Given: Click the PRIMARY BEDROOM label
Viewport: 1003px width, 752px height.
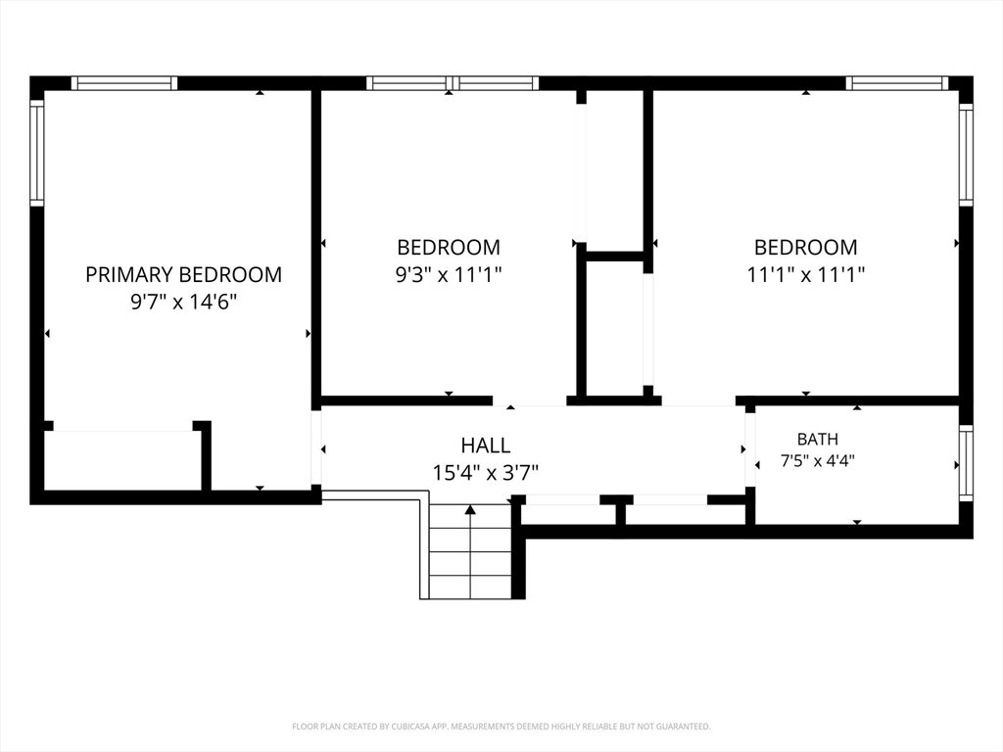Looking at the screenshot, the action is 183,274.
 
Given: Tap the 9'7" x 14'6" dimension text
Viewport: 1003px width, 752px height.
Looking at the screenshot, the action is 183,302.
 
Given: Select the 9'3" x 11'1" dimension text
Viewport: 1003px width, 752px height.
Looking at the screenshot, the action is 449,274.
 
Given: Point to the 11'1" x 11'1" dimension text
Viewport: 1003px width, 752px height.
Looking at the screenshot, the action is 806,274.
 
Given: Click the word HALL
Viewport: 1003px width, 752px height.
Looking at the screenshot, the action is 486,446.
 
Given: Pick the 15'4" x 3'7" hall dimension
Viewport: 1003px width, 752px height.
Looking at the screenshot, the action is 486,473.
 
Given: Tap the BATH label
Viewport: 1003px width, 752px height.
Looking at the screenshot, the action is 818,440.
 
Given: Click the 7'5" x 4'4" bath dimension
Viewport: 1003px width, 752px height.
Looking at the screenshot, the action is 818,460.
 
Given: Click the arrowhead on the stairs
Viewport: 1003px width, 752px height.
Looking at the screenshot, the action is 470,509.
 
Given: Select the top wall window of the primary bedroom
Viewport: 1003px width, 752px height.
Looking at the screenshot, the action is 124,83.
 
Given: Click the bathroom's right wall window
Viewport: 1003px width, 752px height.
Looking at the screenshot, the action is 966,463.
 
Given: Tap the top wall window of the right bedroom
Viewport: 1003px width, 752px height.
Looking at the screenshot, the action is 897,83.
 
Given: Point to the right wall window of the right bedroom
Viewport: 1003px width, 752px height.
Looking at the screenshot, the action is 966,154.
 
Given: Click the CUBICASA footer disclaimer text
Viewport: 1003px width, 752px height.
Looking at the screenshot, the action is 501,727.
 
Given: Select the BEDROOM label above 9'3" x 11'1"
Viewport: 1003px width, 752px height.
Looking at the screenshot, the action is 449,247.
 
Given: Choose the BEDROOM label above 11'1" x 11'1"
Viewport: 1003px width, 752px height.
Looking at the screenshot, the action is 806,247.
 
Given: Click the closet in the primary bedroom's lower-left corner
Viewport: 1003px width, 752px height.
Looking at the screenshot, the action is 122,460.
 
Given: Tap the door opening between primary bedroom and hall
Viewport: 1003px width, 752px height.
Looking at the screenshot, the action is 316,446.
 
